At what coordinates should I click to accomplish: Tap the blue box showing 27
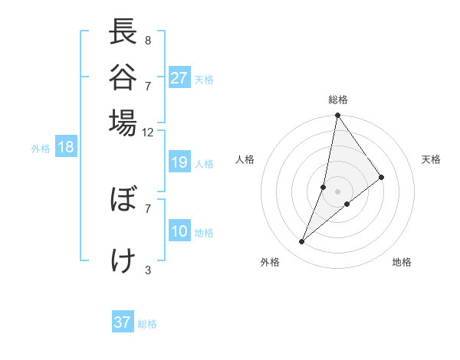click(x=179, y=78)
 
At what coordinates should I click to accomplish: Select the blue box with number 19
click(x=179, y=162)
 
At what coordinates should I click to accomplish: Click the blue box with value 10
click(x=179, y=232)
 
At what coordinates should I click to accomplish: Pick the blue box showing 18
click(x=65, y=148)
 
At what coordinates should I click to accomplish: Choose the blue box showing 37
click(x=123, y=322)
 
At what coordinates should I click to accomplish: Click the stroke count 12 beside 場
click(x=147, y=132)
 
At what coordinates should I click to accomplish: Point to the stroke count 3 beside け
click(x=148, y=270)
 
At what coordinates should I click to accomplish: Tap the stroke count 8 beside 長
click(x=148, y=40)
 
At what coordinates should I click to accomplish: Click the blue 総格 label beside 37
click(x=148, y=324)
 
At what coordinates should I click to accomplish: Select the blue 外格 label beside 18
click(x=41, y=149)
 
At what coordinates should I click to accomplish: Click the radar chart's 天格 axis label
click(x=432, y=159)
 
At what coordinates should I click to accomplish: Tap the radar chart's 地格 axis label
click(x=402, y=263)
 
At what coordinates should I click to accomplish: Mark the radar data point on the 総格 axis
click(x=337, y=116)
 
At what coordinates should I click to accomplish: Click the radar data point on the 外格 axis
click(x=301, y=242)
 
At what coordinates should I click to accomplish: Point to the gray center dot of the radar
click(x=337, y=191)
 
